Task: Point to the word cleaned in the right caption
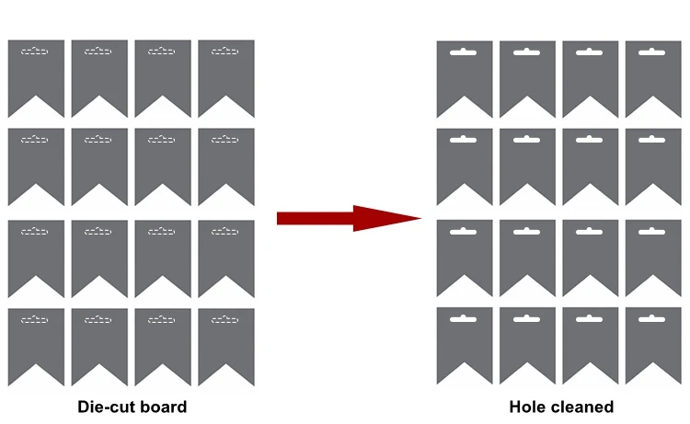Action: (x=583, y=407)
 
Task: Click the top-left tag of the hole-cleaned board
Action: (x=465, y=74)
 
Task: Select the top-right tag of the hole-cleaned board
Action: (x=653, y=74)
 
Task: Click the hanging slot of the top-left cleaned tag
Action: (x=464, y=52)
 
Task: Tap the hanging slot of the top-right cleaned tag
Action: (x=652, y=52)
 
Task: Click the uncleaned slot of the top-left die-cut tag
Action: (x=35, y=52)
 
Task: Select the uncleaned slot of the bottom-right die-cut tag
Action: (x=225, y=319)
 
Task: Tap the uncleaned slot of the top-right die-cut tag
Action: (x=225, y=52)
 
